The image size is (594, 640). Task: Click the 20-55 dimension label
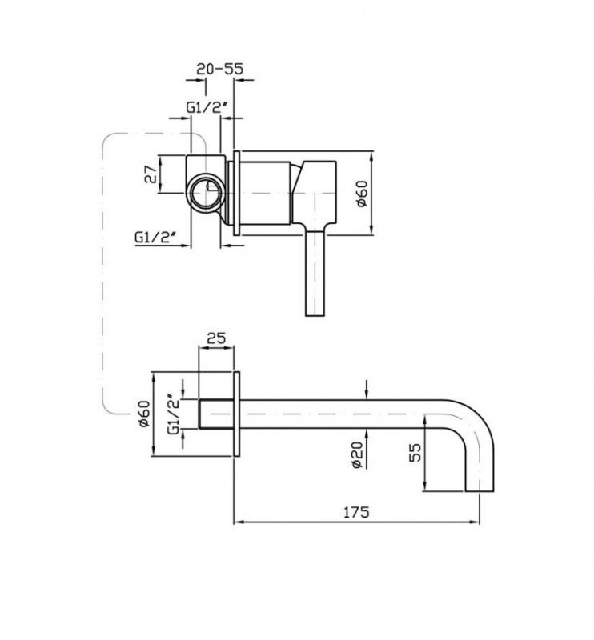pyautogui.click(x=219, y=69)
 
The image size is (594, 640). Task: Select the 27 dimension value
pyautogui.click(x=151, y=174)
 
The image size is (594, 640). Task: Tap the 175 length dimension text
pyautogui.click(x=355, y=512)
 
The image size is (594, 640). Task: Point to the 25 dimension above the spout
pyautogui.click(x=216, y=338)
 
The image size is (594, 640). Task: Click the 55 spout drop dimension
pyautogui.click(x=415, y=452)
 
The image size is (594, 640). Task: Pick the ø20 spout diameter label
pyautogui.click(x=357, y=454)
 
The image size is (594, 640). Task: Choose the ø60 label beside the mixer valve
pyautogui.click(x=362, y=193)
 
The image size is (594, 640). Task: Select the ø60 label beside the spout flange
pyautogui.click(x=144, y=414)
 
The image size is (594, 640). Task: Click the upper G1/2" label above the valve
pyautogui.click(x=207, y=107)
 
